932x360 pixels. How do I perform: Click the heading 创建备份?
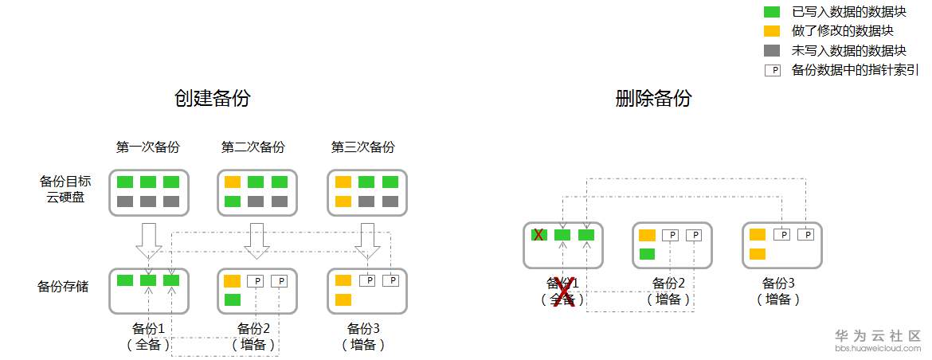point(212,99)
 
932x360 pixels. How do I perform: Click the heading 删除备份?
point(653,99)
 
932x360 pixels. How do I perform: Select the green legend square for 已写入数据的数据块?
point(772,12)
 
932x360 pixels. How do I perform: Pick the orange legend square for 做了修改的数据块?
point(772,31)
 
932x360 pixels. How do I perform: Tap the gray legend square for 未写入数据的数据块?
point(772,50)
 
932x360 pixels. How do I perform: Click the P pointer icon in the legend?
point(772,70)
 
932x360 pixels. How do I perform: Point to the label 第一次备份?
point(147,147)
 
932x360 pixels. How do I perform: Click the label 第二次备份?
point(253,147)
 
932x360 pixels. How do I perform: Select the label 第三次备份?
point(362,147)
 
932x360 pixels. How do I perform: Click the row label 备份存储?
point(63,286)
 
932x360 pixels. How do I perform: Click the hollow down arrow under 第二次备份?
point(256,240)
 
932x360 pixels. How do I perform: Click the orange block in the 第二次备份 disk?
point(233,182)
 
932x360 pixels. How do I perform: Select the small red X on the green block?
point(538,234)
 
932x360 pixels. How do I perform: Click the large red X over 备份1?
point(564,292)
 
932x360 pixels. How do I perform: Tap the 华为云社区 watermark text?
point(877,335)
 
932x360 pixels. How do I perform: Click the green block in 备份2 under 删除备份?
point(647,254)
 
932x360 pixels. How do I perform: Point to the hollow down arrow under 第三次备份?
point(367,240)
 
